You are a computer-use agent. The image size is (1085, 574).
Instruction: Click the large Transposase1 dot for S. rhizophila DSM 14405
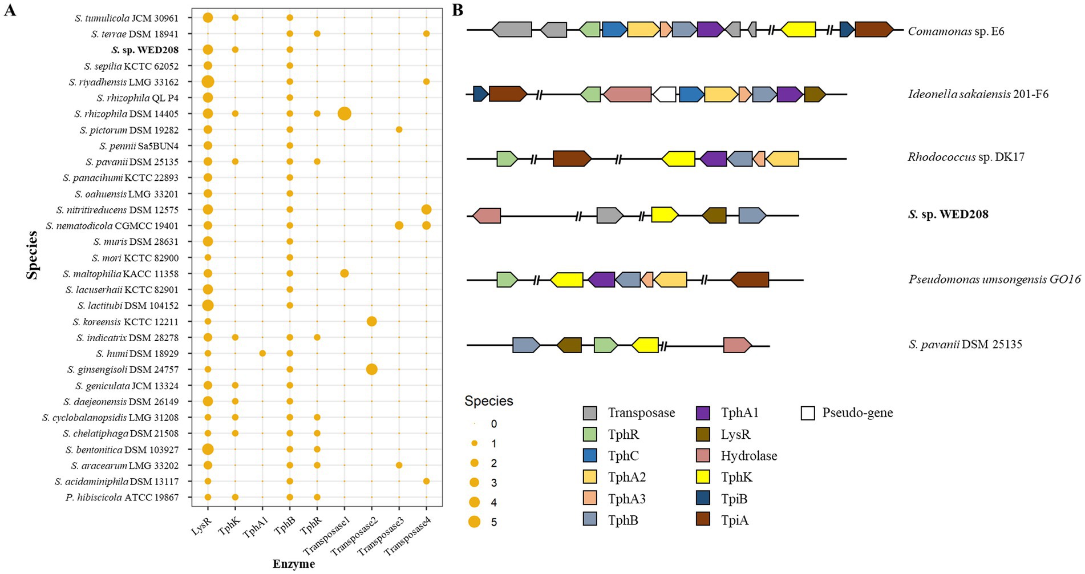(344, 114)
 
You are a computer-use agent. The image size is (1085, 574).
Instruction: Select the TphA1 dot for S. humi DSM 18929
(262, 353)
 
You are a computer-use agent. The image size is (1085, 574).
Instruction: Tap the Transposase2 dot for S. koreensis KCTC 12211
(371, 321)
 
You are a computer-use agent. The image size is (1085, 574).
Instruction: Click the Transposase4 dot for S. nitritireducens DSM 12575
(426, 209)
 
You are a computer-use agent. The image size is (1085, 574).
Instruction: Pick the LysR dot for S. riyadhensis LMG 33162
(208, 82)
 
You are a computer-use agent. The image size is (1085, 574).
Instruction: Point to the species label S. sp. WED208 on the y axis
(145, 50)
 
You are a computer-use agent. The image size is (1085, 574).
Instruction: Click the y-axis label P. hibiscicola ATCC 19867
(122, 497)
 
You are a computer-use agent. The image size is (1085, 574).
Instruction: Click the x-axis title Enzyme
(293, 564)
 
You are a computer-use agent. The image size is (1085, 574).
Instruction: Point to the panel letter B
(457, 10)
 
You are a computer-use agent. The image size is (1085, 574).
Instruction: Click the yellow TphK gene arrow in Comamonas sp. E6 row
(797, 30)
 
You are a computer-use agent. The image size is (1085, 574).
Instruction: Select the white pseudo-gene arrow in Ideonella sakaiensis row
(664, 94)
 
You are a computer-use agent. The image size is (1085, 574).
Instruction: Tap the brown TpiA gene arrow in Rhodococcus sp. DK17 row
(572, 158)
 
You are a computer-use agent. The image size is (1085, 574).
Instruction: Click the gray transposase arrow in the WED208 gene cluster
(609, 215)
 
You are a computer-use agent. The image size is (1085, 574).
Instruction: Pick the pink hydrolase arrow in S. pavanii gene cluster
(737, 345)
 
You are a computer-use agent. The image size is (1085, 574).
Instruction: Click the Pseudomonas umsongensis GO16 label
(994, 280)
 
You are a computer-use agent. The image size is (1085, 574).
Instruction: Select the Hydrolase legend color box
(703, 456)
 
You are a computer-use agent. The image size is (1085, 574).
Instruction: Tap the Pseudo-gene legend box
(808, 413)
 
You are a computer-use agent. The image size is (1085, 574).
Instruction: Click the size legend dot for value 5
(474, 522)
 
